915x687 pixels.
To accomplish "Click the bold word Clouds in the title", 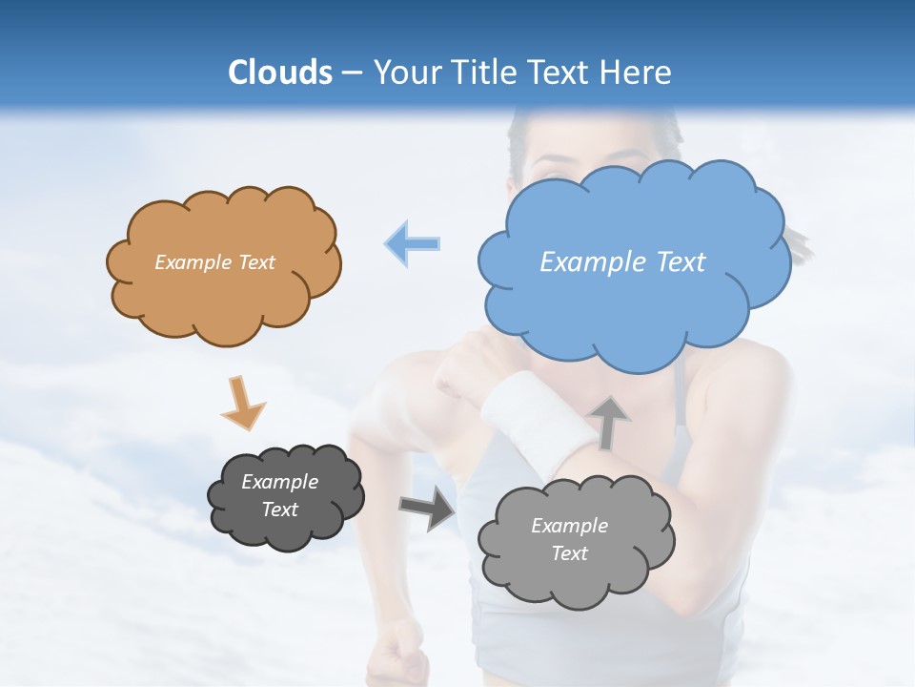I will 280,73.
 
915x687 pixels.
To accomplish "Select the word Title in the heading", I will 482,73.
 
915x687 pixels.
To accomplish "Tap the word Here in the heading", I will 639,73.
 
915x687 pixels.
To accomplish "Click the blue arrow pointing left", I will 412,243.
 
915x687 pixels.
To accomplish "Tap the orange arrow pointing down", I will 242,402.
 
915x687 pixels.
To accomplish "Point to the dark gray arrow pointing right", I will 427,508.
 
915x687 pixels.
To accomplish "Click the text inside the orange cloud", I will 214,262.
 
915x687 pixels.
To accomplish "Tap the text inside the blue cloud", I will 622,262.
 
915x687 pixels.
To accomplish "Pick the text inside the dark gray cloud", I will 280,495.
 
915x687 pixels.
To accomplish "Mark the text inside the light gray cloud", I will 569,539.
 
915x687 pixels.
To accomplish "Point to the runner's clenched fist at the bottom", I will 396,654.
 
